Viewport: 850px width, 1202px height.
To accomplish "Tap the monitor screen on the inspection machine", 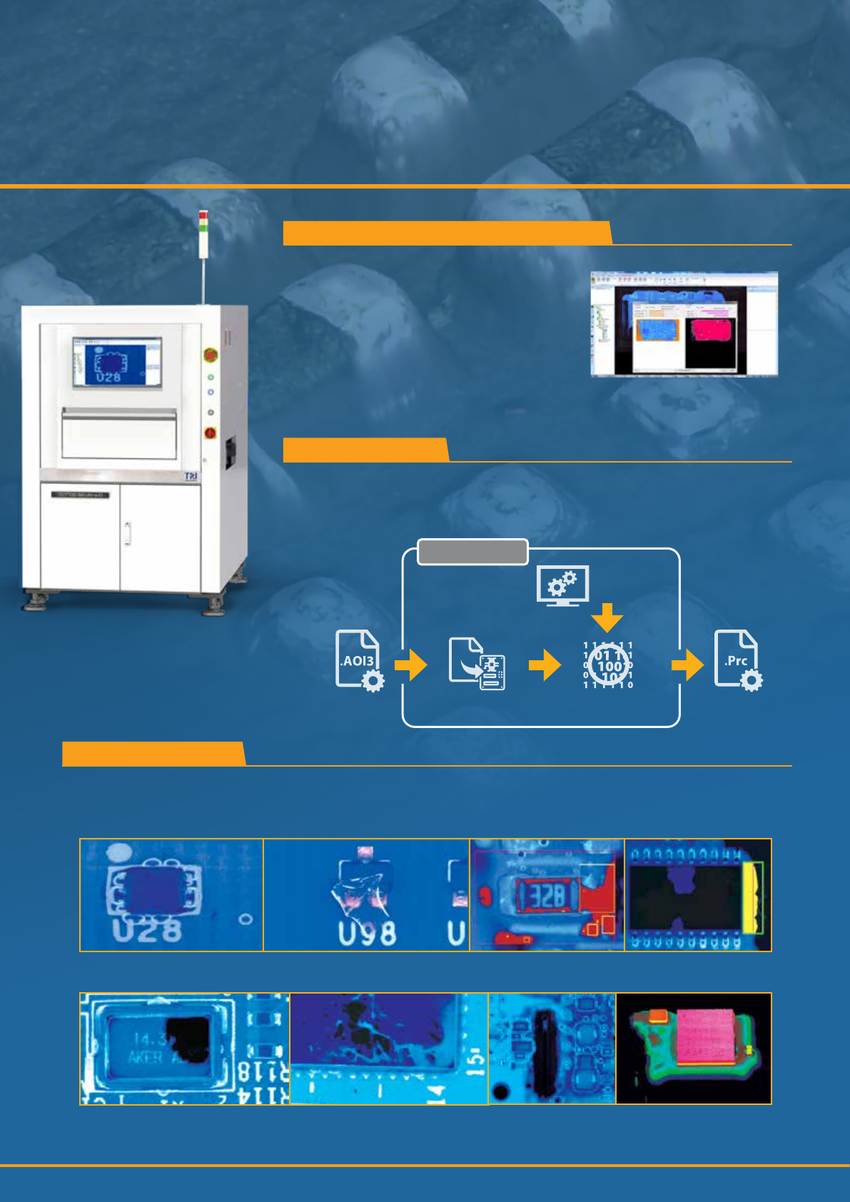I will [x=117, y=362].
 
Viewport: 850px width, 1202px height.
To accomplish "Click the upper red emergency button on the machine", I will [x=211, y=354].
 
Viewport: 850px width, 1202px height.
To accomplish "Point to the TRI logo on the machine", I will [x=191, y=476].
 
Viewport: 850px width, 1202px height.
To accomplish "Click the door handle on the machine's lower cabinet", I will [x=127, y=533].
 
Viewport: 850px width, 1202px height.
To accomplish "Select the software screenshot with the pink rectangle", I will [x=684, y=323].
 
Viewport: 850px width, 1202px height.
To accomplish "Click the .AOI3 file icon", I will [x=359, y=661].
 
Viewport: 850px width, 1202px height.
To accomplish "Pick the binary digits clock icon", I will [x=608, y=665].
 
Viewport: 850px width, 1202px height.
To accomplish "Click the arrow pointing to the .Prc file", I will [x=687, y=665].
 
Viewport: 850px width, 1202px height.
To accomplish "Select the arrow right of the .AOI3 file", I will [x=411, y=665].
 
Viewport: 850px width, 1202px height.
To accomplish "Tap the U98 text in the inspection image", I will [x=367, y=933].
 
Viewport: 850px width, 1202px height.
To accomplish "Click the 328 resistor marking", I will [x=547, y=896].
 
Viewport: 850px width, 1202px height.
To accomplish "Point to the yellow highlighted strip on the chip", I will [x=752, y=897].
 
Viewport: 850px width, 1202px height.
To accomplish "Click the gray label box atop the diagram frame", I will [x=472, y=552].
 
